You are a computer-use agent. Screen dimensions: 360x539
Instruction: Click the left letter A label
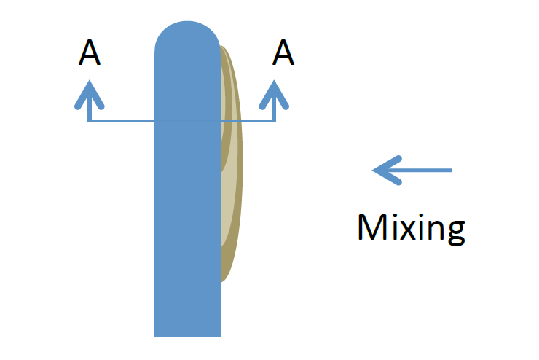coord(89,52)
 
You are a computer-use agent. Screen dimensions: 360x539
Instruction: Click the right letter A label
coord(283,52)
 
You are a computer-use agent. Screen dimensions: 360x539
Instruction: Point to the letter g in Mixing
coord(454,232)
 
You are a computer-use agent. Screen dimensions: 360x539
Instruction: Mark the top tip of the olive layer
coord(223,48)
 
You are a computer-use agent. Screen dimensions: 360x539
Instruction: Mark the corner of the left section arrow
coord(90,121)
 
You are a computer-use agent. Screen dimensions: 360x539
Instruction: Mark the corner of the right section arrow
coord(275,121)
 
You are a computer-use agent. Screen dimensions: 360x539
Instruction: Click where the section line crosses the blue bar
coord(187,121)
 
